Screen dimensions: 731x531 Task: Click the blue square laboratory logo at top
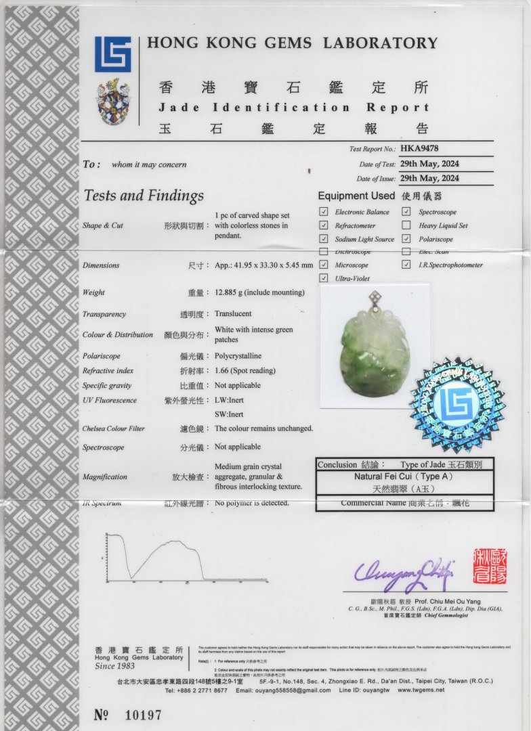(112, 54)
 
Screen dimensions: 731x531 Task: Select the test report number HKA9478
(420, 148)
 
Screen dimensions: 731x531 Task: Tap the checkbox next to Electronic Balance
(324, 212)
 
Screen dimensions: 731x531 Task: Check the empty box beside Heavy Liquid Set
(406, 225)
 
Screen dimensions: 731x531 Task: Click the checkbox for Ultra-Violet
(324, 278)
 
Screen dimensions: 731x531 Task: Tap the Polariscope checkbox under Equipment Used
(406, 239)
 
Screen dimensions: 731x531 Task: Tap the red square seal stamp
(490, 567)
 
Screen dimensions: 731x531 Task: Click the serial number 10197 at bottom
(144, 715)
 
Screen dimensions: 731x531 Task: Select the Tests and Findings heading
(144, 196)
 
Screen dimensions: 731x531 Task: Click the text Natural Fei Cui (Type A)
(404, 477)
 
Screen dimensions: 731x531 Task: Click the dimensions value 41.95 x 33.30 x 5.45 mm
(264, 265)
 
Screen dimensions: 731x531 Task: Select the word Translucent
(233, 314)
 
